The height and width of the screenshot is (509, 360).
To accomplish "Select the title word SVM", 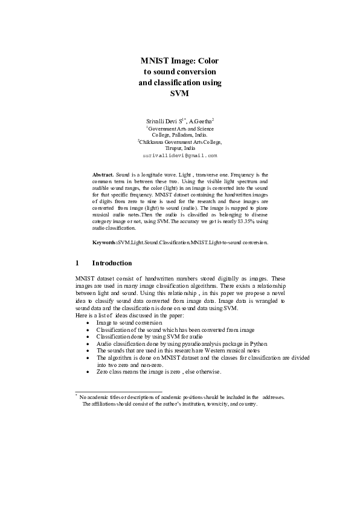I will pos(180,94).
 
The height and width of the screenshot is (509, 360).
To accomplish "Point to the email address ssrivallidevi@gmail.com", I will pos(180,155).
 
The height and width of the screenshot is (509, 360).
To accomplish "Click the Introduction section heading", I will pos(112,263).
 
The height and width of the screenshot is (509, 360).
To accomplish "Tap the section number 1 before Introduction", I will pos(77,263).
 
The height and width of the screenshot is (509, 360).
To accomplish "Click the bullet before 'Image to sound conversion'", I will pos(88,323).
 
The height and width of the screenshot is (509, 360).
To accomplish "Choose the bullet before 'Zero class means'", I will pos(88,371).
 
